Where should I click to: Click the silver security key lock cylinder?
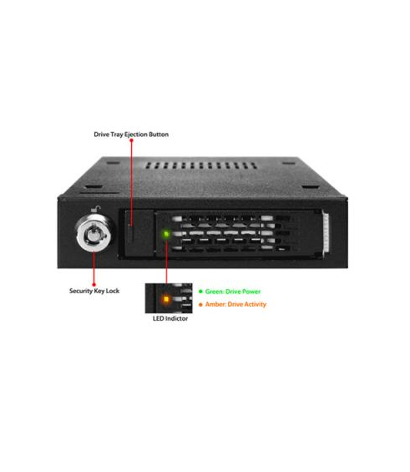coord(94,235)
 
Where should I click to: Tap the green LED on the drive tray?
coord(166,234)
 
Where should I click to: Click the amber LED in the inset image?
coord(166,300)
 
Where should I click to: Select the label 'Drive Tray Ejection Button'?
coord(131,134)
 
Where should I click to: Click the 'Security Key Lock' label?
coord(94,291)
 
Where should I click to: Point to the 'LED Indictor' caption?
coord(170,318)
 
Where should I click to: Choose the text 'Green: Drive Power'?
coord(233,292)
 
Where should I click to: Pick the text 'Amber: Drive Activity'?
coord(235,304)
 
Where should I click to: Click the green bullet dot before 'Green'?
coord(200,292)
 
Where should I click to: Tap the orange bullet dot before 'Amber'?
coord(200,305)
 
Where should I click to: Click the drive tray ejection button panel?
coord(139,234)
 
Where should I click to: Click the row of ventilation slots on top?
coord(201,165)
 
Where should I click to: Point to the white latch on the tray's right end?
coord(326,234)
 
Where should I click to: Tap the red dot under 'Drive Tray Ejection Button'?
coord(131,140)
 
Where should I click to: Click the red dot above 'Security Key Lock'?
coord(94,285)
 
